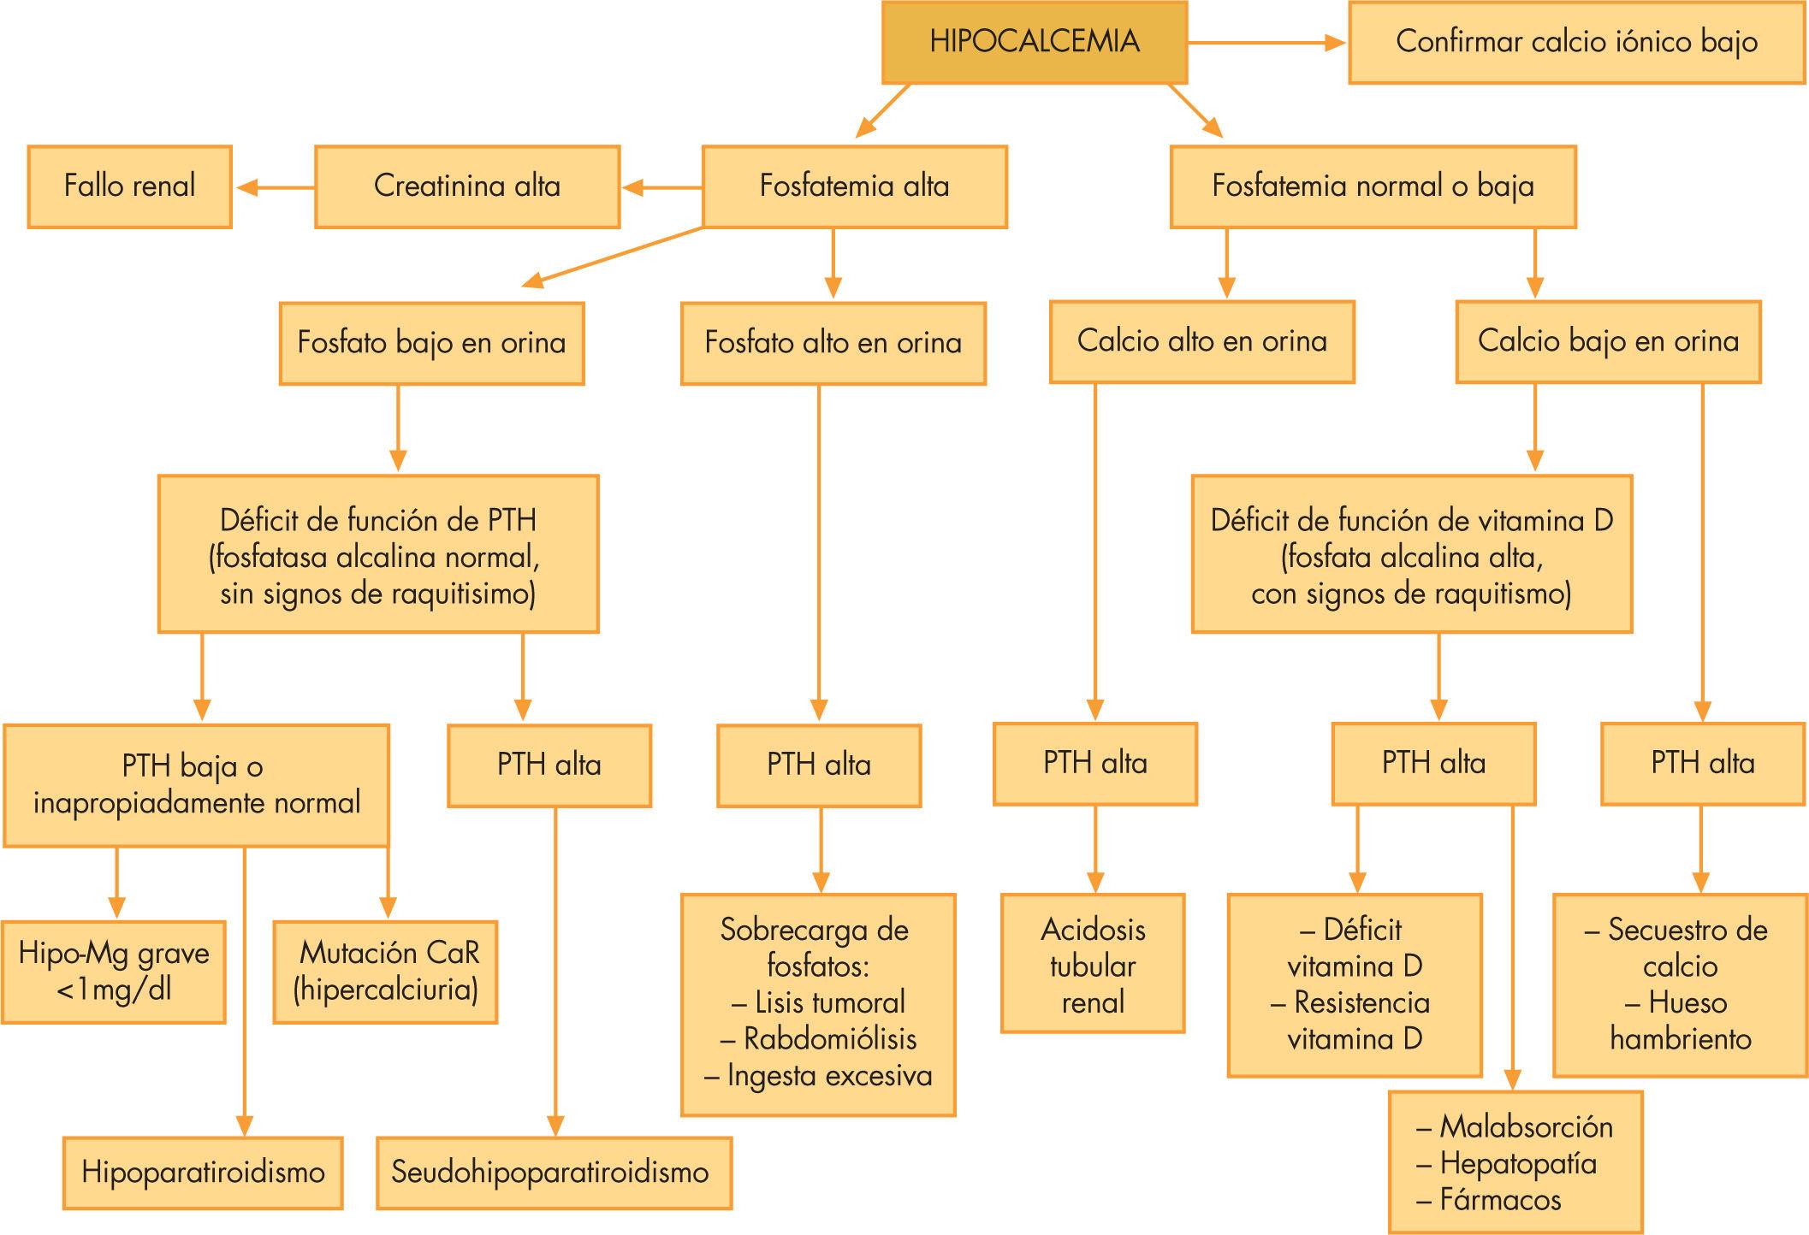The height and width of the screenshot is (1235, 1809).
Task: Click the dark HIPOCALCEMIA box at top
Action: coord(1035,42)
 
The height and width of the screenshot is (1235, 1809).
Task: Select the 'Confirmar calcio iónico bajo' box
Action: coord(1576,42)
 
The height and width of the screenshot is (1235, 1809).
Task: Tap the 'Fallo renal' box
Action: coord(129,186)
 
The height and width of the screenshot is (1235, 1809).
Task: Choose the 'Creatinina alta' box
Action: coord(467,186)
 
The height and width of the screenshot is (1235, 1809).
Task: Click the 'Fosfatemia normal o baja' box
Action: coord(1373,186)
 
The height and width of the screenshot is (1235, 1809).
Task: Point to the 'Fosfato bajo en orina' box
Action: coord(431,343)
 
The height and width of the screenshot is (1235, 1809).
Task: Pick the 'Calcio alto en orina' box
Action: coord(1201,341)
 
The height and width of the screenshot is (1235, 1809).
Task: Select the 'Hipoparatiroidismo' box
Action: coord(203,1172)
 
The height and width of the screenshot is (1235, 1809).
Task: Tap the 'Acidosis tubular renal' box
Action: coord(1093,965)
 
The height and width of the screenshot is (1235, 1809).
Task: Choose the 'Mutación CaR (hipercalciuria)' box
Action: coord(386,972)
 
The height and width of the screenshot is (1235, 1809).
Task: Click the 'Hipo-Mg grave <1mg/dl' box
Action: coord(114,972)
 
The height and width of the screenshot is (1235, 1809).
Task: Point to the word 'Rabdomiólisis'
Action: coord(829,1039)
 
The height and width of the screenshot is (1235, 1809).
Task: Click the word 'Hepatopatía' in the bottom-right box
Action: coord(1517,1163)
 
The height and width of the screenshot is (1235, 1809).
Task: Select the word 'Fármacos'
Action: coord(1499,1200)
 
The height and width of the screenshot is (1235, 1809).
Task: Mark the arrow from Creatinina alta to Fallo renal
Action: coord(274,187)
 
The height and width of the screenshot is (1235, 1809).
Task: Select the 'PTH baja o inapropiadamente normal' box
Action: coord(196,785)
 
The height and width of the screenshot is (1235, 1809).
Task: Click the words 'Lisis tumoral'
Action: coord(829,1002)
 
